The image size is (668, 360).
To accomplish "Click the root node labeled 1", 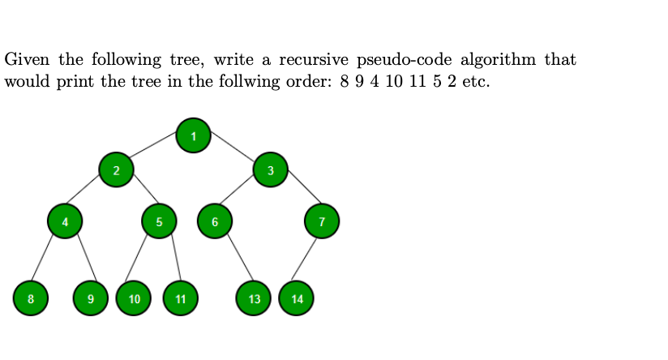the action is click(193, 135).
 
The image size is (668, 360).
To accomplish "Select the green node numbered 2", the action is click(117, 170).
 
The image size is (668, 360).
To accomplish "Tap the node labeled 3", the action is click(270, 169).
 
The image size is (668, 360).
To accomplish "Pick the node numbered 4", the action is click(65, 220).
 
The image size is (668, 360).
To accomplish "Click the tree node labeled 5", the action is click(159, 221).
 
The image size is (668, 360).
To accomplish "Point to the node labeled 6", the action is click(215, 221).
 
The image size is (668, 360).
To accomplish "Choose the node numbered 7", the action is click(322, 221).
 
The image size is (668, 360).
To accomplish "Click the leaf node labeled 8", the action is click(31, 298).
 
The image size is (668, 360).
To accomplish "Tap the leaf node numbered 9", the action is click(91, 298).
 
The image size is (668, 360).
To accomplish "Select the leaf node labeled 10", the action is click(134, 298).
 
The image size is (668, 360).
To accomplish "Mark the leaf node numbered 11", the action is click(180, 298).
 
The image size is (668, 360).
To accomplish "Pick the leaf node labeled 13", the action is click(255, 298).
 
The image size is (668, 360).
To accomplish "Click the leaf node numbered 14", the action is click(297, 298).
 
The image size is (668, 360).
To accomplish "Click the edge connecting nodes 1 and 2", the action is click(155, 152).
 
